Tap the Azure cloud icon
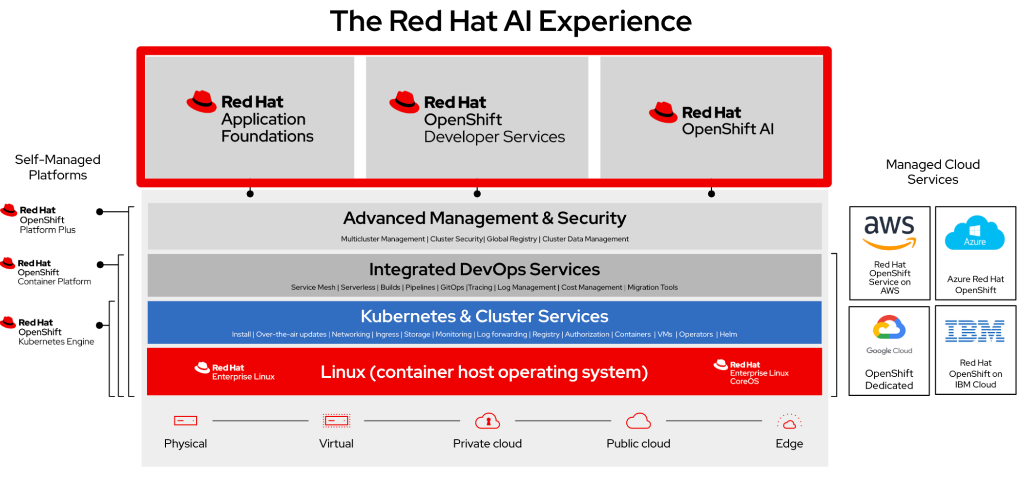click(x=974, y=233)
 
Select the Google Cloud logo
click(x=889, y=328)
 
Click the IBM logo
click(x=974, y=331)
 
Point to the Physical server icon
click(x=185, y=421)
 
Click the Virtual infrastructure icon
click(x=336, y=421)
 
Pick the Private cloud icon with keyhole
click(x=487, y=421)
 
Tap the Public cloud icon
click(x=638, y=421)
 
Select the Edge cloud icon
click(x=789, y=422)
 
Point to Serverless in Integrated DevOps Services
click(x=358, y=287)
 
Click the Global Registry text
click(x=512, y=239)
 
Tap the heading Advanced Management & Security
click(x=484, y=218)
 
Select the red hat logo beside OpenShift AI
click(x=663, y=112)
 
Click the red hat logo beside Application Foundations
click(x=201, y=101)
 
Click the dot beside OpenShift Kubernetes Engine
click(x=100, y=325)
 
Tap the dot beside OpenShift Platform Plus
click(x=100, y=211)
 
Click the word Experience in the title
click(x=615, y=21)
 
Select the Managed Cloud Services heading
click(x=933, y=172)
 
